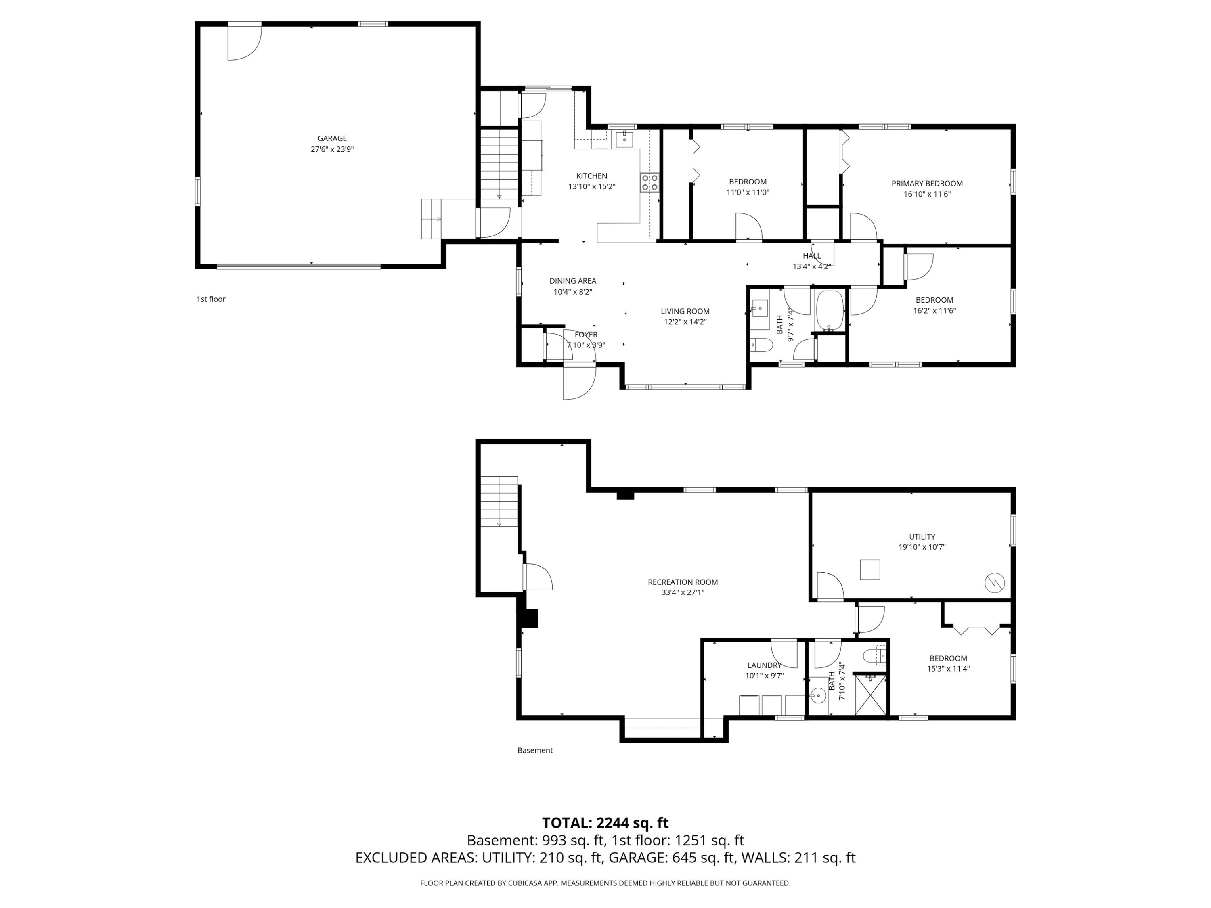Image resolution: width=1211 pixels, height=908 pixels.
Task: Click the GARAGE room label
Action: click(x=332, y=138)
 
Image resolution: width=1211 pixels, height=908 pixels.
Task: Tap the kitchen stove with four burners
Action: click(x=649, y=182)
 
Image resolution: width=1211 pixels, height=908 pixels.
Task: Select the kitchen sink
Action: click(x=624, y=140)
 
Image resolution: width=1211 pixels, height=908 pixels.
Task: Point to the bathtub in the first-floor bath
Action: click(x=830, y=310)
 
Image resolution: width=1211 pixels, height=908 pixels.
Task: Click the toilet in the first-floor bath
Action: click(x=761, y=345)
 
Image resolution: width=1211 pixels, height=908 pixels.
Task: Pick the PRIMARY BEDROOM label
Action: click(x=927, y=183)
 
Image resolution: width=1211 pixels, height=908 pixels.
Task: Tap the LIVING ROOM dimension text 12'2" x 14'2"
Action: click(x=685, y=322)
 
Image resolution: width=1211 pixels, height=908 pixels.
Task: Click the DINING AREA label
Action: click(x=573, y=281)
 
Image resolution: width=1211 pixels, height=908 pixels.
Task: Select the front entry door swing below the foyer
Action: click(x=579, y=381)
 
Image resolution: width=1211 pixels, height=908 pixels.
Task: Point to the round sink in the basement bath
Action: click(x=818, y=696)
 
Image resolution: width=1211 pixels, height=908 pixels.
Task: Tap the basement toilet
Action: click(x=874, y=655)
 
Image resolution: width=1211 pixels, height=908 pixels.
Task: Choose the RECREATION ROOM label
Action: click(x=683, y=582)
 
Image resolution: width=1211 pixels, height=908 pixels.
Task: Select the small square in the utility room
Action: click(x=870, y=569)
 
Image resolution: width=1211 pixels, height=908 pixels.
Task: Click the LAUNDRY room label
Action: click(x=764, y=665)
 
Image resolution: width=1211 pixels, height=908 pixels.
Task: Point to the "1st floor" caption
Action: click(x=211, y=299)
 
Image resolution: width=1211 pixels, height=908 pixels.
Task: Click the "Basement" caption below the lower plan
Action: click(x=535, y=750)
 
